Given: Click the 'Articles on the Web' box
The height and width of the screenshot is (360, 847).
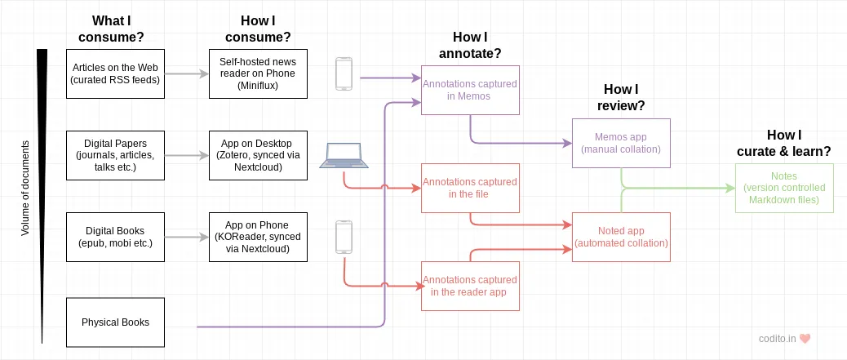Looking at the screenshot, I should click(115, 73).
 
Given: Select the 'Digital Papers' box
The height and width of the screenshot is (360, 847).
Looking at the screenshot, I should click(115, 155).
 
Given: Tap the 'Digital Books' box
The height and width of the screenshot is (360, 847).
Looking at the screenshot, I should click(115, 237).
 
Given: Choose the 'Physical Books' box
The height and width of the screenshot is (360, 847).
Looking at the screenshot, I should click(115, 322).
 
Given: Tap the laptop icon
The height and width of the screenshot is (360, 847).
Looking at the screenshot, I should click(344, 156).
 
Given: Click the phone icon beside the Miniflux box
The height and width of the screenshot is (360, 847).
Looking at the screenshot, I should click(344, 73).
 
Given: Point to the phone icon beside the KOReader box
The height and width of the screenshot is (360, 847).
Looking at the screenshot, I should click(344, 237).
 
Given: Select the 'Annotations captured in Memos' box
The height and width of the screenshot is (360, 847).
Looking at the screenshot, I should click(470, 90).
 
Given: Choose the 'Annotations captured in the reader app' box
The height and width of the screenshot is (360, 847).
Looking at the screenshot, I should click(470, 286).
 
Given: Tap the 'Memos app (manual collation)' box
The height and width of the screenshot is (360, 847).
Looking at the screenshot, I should click(621, 144).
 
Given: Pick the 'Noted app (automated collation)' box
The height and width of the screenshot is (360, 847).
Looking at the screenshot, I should click(621, 237).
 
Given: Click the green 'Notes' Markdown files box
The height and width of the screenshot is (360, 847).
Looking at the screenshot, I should click(784, 188).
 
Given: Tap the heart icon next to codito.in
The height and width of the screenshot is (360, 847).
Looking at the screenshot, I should click(804, 338).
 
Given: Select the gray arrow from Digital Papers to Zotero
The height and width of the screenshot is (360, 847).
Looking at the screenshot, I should click(186, 155).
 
